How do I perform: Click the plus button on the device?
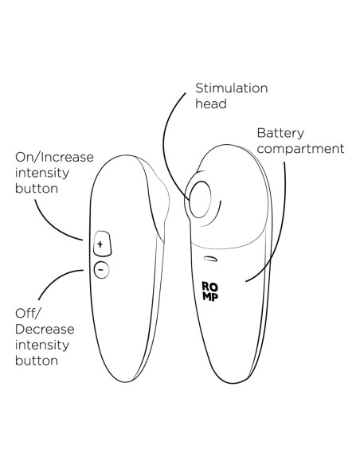[x=102, y=244]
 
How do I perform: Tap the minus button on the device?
[x=101, y=270]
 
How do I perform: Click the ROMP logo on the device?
[x=210, y=291]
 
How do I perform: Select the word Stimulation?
[x=231, y=88]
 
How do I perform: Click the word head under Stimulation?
[x=211, y=104]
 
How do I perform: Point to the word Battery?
[x=280, y=133]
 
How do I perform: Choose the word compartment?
[x=301, y=149]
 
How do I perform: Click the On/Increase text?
[x=54, y=157]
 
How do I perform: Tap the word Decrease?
[x=45, y=329]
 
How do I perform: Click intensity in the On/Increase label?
[x=41, y=174]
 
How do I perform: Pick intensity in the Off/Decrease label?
[x=41, y=346]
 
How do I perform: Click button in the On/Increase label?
[x=37, y=189]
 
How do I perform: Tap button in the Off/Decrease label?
[x=37, y=361]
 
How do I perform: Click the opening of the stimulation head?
[x=200, y=199]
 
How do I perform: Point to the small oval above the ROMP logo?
[x=211, y=259]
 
